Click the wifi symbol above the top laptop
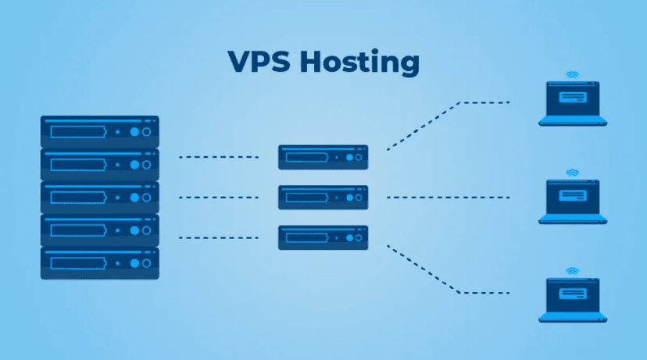(x=572, y=75)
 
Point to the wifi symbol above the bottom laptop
(x=572, y=271)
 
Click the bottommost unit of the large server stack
(x=100, y=263)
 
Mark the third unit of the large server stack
(x=100, y=198)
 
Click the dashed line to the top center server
(x=218, y=157)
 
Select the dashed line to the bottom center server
(x=218, y=237)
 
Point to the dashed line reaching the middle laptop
(x=448, y=198)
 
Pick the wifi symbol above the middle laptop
(x=572, y=172)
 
